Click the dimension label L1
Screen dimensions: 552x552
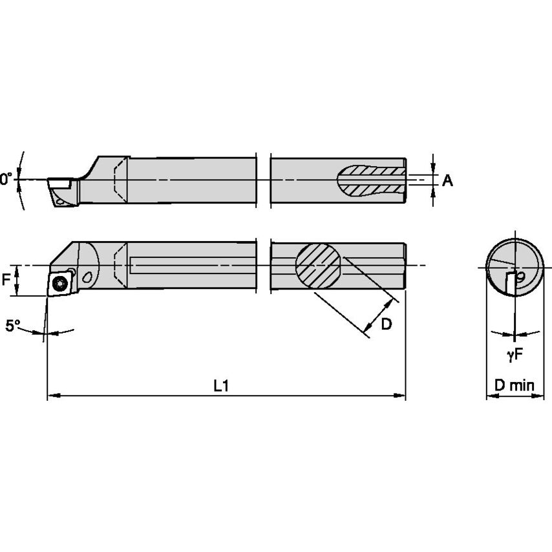click(221, 385)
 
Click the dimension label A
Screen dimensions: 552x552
click(447, 181)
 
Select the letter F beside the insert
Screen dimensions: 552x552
click(6, 280)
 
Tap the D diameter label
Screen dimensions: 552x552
click(386, 324)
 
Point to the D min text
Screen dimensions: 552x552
click(514, 386)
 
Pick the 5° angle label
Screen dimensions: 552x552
click(14, 326)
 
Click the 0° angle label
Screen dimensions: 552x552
click(6, 179)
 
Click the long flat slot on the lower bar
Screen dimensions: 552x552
click(194, 265)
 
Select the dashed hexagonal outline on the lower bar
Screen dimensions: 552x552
click(120, 266)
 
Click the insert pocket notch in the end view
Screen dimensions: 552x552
click(515, 282)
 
